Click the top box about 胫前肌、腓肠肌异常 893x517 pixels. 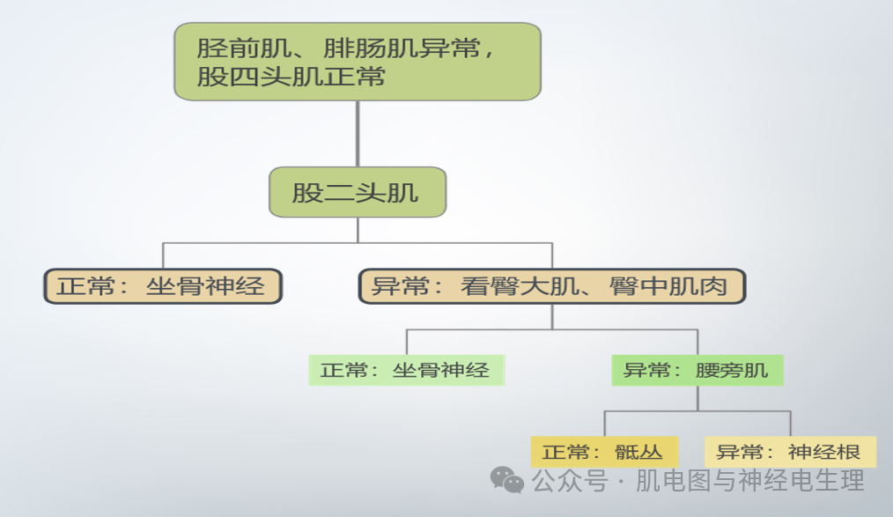point(357,61)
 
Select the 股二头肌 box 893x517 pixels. point(357,192)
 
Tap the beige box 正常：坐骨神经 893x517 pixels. point(163,286)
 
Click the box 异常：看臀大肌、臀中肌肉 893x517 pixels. point(552,286)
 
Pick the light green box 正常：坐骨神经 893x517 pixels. point(406,370)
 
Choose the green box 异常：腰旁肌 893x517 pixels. point(697,370)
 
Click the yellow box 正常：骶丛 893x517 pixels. point(604,452)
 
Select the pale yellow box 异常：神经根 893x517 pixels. point(790,452)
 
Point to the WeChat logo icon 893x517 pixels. point(507,479)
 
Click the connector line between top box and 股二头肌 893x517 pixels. point(357,133)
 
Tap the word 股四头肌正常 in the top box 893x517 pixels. point(292,77)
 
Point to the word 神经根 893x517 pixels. point(824,452)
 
